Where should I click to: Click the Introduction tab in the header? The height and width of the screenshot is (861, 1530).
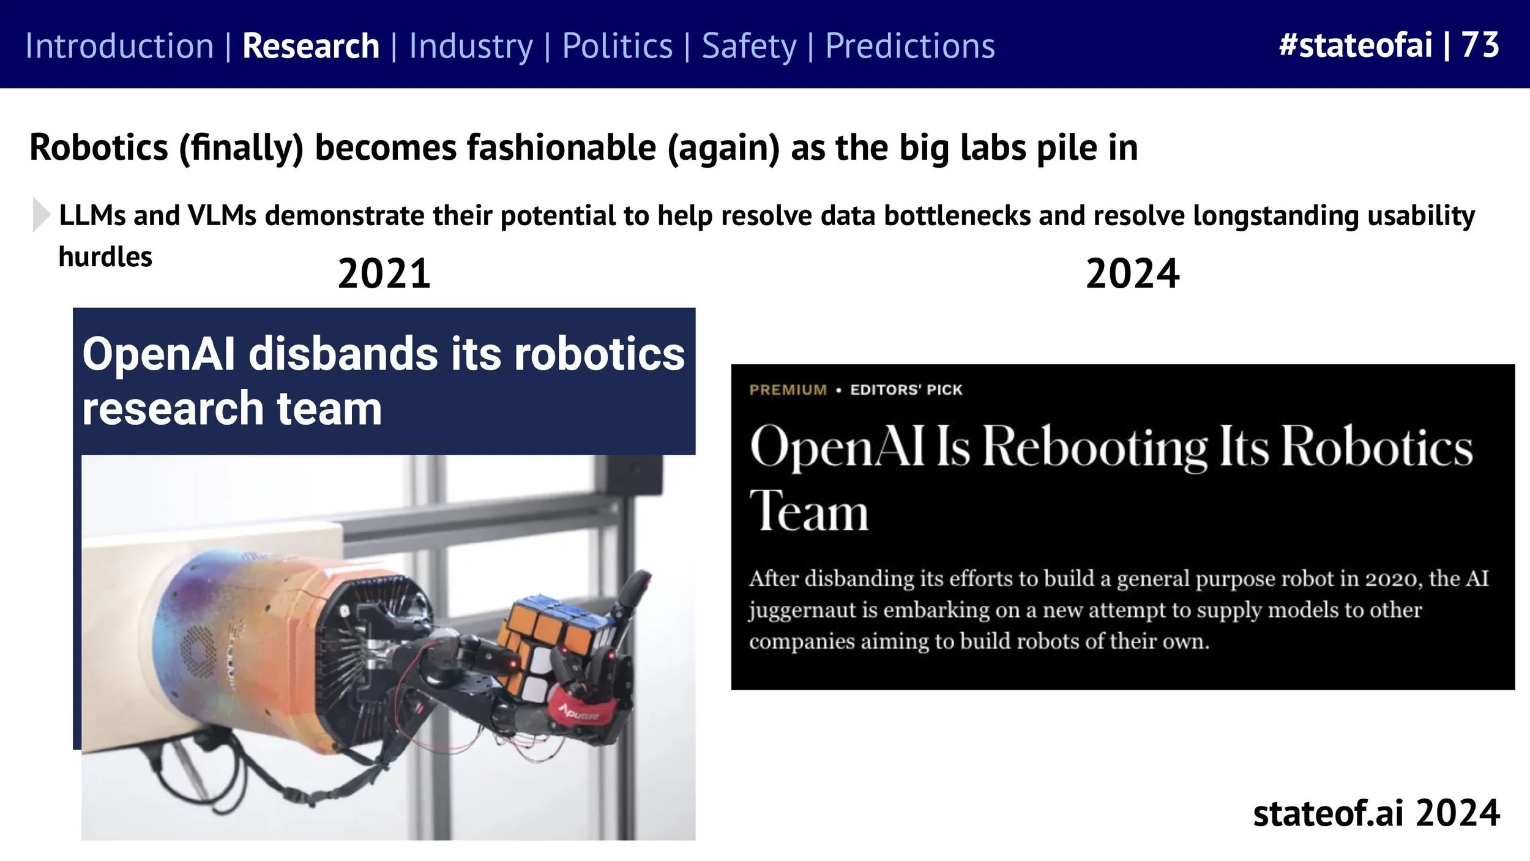point(119,46)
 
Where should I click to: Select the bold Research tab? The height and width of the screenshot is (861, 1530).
point(311,46)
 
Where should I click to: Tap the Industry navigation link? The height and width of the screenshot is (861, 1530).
point(471,46)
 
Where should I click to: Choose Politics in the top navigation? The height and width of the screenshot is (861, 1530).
point(617,46)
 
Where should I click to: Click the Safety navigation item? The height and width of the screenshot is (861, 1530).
point(749,46)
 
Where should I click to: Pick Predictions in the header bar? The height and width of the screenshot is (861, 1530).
point(910,46)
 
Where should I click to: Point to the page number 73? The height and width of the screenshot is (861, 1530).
point(1480,45)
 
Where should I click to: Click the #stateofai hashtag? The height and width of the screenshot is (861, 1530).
point(1355,45)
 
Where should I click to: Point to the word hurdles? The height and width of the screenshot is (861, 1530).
point(105,257)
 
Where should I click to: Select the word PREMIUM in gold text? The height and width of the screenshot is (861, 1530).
point(788,390)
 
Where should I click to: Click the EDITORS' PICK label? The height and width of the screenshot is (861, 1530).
point(906,390)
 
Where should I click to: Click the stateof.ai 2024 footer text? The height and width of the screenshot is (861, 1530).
point(1376,813)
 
